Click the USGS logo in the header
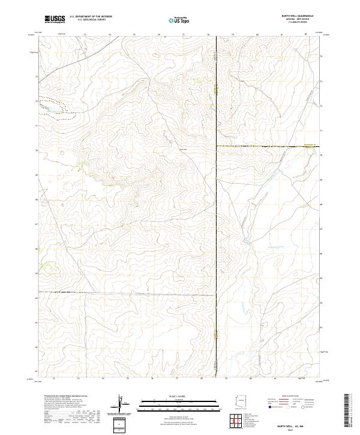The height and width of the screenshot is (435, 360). click(x=55, y=19)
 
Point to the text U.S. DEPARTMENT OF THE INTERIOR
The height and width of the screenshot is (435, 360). click(x=91, y=17)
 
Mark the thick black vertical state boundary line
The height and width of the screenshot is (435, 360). click(x=217, y=210)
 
